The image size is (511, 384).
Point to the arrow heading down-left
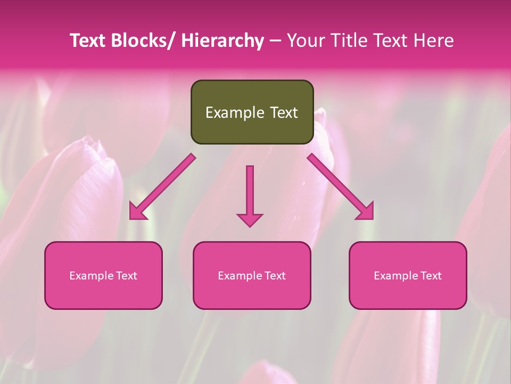tap(162, 187)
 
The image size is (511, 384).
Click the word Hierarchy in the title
tap(222, 41)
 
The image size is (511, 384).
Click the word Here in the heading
tap(432, 41)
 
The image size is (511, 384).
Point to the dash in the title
tap(275, 41)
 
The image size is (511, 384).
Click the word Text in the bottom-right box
tap(430, 276)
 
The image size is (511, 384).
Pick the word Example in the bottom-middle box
tap(240, 276)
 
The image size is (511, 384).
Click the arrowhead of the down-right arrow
tap(365, 211)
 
